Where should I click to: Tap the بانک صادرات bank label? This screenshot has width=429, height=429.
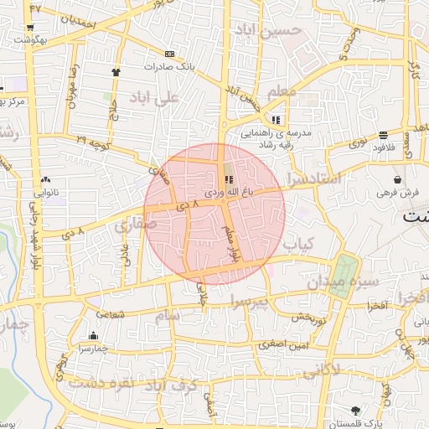tap(168, 65)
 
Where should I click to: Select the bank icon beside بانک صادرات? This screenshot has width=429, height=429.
tap(170, 53)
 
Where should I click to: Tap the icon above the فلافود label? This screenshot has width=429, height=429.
tap(383, 135)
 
